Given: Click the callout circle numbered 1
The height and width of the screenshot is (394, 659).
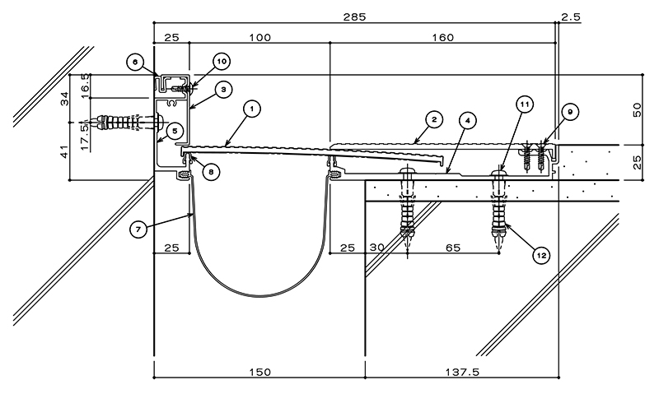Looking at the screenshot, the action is pyautogui.click(x=252, y=109).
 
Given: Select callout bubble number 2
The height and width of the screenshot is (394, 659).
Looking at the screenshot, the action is pyautogui.click(x=434, y=120).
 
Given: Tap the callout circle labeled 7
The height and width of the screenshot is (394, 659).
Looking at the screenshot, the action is pyautogui.click(x=138, y=229).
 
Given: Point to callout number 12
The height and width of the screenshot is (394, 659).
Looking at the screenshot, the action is pyautogui.click(x=541, y=255).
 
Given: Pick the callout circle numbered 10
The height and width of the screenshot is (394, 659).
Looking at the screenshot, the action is pyautogui.click(x=222, y=62).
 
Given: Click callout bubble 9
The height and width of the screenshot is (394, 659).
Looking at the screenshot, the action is pyautogui.click(x=570, y=112).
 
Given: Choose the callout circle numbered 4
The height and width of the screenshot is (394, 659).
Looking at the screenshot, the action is pyautogui.click(x=467, y=121).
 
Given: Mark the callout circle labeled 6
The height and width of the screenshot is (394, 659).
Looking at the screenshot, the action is pyautogui.click(x=135, y=63).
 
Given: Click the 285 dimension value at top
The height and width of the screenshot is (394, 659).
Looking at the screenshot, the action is pyautogui.click(x=354, y=16).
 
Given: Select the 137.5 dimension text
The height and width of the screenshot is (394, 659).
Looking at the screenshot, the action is pyautogui.click(x=462, y=371).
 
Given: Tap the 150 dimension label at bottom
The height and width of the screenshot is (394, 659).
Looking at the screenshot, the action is pyautogui.click(x=260, y=372).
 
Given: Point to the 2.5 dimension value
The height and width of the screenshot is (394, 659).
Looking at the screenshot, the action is pyautogui.click(x=570, y=16).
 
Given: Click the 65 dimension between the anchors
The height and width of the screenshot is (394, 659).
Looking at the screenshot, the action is pyautogui.click(x=452, y=248).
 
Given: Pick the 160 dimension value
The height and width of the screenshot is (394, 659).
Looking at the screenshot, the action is pyautogui.click(x=443, y=37).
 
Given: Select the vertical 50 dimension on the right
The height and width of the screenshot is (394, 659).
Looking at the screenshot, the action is pyautogui.click(x=637, y=109).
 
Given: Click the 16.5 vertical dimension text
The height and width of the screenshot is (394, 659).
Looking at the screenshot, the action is pyautogui.click(x=86, y=86).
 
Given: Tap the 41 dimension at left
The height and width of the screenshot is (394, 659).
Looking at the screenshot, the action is pyautogui.click(x=65, y=151).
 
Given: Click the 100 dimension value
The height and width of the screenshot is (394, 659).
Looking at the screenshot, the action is pyautogui.click(x=260, y=37).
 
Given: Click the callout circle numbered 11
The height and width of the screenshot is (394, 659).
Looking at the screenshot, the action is pyautogui.click(x=525, y=104).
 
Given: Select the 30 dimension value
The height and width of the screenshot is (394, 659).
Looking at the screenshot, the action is pyautogui.click(x=377, y=248).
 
